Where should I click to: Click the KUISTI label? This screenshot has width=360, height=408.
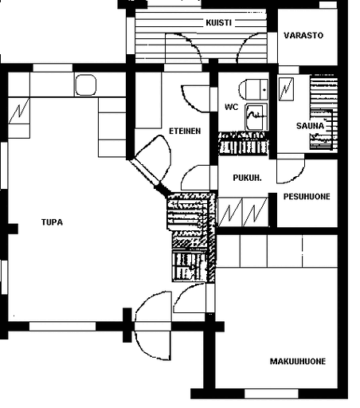[218, 22]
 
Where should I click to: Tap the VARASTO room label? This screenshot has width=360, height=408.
[303, 35]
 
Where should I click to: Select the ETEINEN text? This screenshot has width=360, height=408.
[185, 131]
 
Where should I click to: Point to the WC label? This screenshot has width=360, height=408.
[232, 107]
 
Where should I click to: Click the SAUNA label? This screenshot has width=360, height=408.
[310, 126]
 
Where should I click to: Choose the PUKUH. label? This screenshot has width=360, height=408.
[247, 178]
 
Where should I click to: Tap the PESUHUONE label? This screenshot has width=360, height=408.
[307, 197]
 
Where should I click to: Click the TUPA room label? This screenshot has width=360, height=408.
[52, 222]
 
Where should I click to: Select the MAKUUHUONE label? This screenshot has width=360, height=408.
[298, 361]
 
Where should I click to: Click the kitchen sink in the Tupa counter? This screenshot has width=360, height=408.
[85, 84]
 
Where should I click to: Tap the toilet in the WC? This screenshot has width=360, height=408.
[253, 89]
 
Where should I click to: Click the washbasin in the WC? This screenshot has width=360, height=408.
[256, 117]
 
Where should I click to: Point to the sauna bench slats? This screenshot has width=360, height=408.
[324, 113]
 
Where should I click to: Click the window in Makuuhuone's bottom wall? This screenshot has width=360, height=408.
[272, 394]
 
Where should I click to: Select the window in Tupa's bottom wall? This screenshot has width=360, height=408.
[62, 326]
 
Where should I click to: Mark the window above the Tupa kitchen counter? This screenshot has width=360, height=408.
[53, 68]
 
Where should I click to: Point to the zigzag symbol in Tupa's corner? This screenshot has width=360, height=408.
[19, 111]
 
